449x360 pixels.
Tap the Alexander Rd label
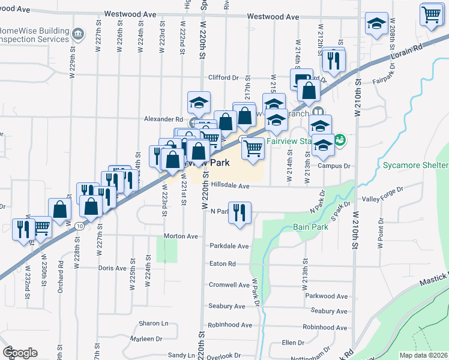pos(163,119)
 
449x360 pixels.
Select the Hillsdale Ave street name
pos(229,186)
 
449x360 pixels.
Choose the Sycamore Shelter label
pos(414,164)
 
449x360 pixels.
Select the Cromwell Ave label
pos(229,285)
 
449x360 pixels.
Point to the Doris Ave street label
pos(112,268)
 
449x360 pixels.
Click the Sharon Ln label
pos(153,323)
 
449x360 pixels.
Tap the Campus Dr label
pos(334,166)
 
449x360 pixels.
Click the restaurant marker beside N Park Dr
pos(240,212)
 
